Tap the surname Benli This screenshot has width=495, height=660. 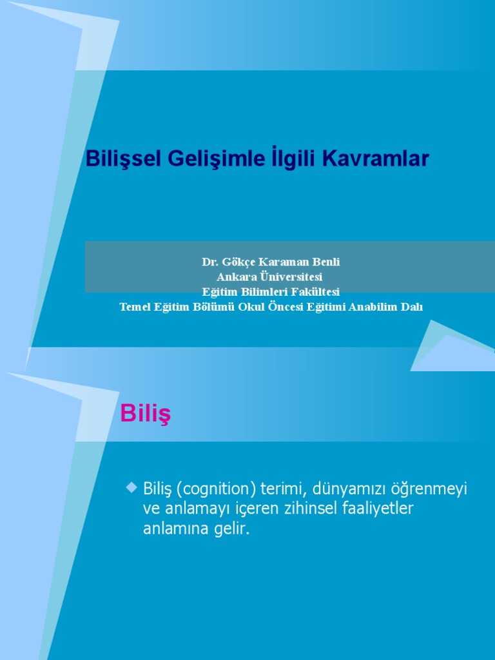[x=326, y=262]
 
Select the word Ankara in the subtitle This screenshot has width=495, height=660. [x=235, y=277]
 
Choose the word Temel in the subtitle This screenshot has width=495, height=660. [x=133, y=307]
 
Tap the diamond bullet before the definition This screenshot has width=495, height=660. [x=132, y=488]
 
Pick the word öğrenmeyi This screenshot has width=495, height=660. [x=429, y=489]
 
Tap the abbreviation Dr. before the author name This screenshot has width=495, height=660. [x=209, y=262]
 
